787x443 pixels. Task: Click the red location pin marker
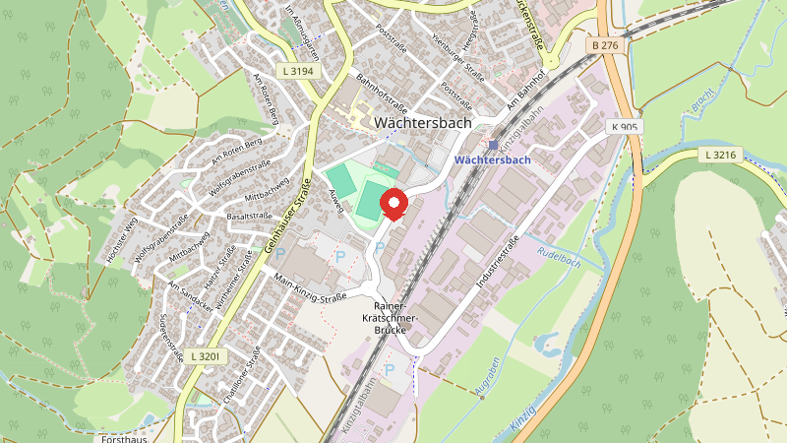[394, 204]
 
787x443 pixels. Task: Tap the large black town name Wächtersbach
[423, 123]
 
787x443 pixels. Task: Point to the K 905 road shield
[624, 127]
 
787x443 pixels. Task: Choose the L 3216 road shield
[721, 155]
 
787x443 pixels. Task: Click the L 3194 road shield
[296, 71]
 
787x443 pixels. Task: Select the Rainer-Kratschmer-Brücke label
[396, 318]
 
